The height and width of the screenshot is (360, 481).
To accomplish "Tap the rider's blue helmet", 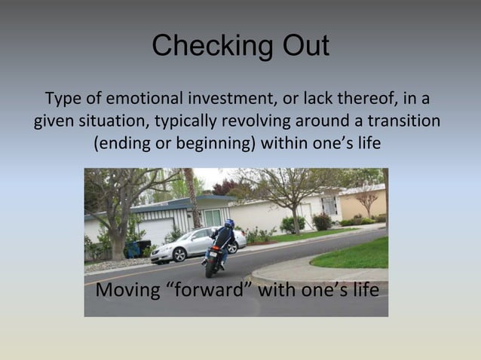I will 228,224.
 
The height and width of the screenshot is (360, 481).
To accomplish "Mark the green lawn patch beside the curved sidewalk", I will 354,256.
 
